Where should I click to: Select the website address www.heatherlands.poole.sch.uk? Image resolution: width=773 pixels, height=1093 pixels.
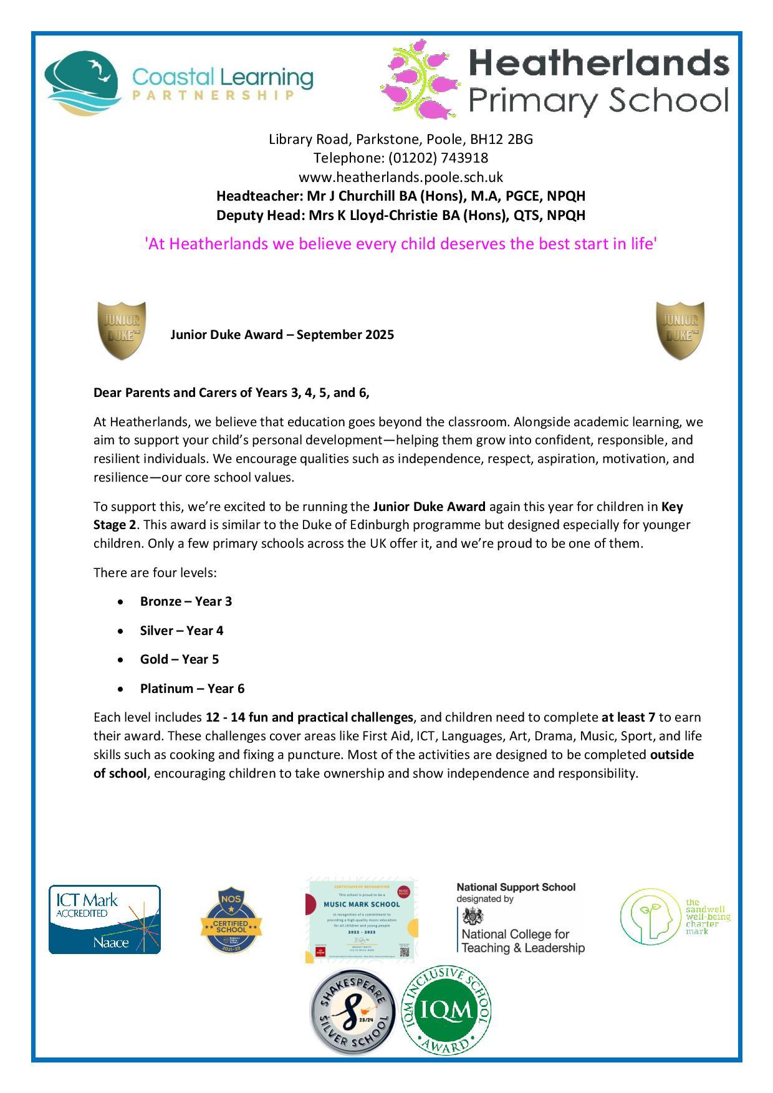click(x=400, y=177)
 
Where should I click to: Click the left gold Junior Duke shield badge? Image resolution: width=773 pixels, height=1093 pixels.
click(x=122, y=330)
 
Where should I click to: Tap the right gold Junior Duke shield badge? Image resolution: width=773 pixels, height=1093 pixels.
click(x=680, y=330)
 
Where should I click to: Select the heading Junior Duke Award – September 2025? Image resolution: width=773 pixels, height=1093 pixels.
click(x=282, y=335)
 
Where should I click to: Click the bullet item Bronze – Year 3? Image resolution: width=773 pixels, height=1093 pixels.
click(x=186, y=602)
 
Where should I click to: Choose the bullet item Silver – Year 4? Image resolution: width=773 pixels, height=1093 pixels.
click(x=181, y=631)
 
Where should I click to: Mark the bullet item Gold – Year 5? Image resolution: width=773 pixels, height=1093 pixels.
click(x=180, y=660)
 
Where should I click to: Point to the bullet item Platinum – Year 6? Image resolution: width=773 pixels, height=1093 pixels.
click(x=192, y=689)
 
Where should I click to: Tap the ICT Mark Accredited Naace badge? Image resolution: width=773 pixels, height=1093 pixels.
click(x=105, y=920)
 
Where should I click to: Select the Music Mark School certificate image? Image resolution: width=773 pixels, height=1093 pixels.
click(x=362, y=920)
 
